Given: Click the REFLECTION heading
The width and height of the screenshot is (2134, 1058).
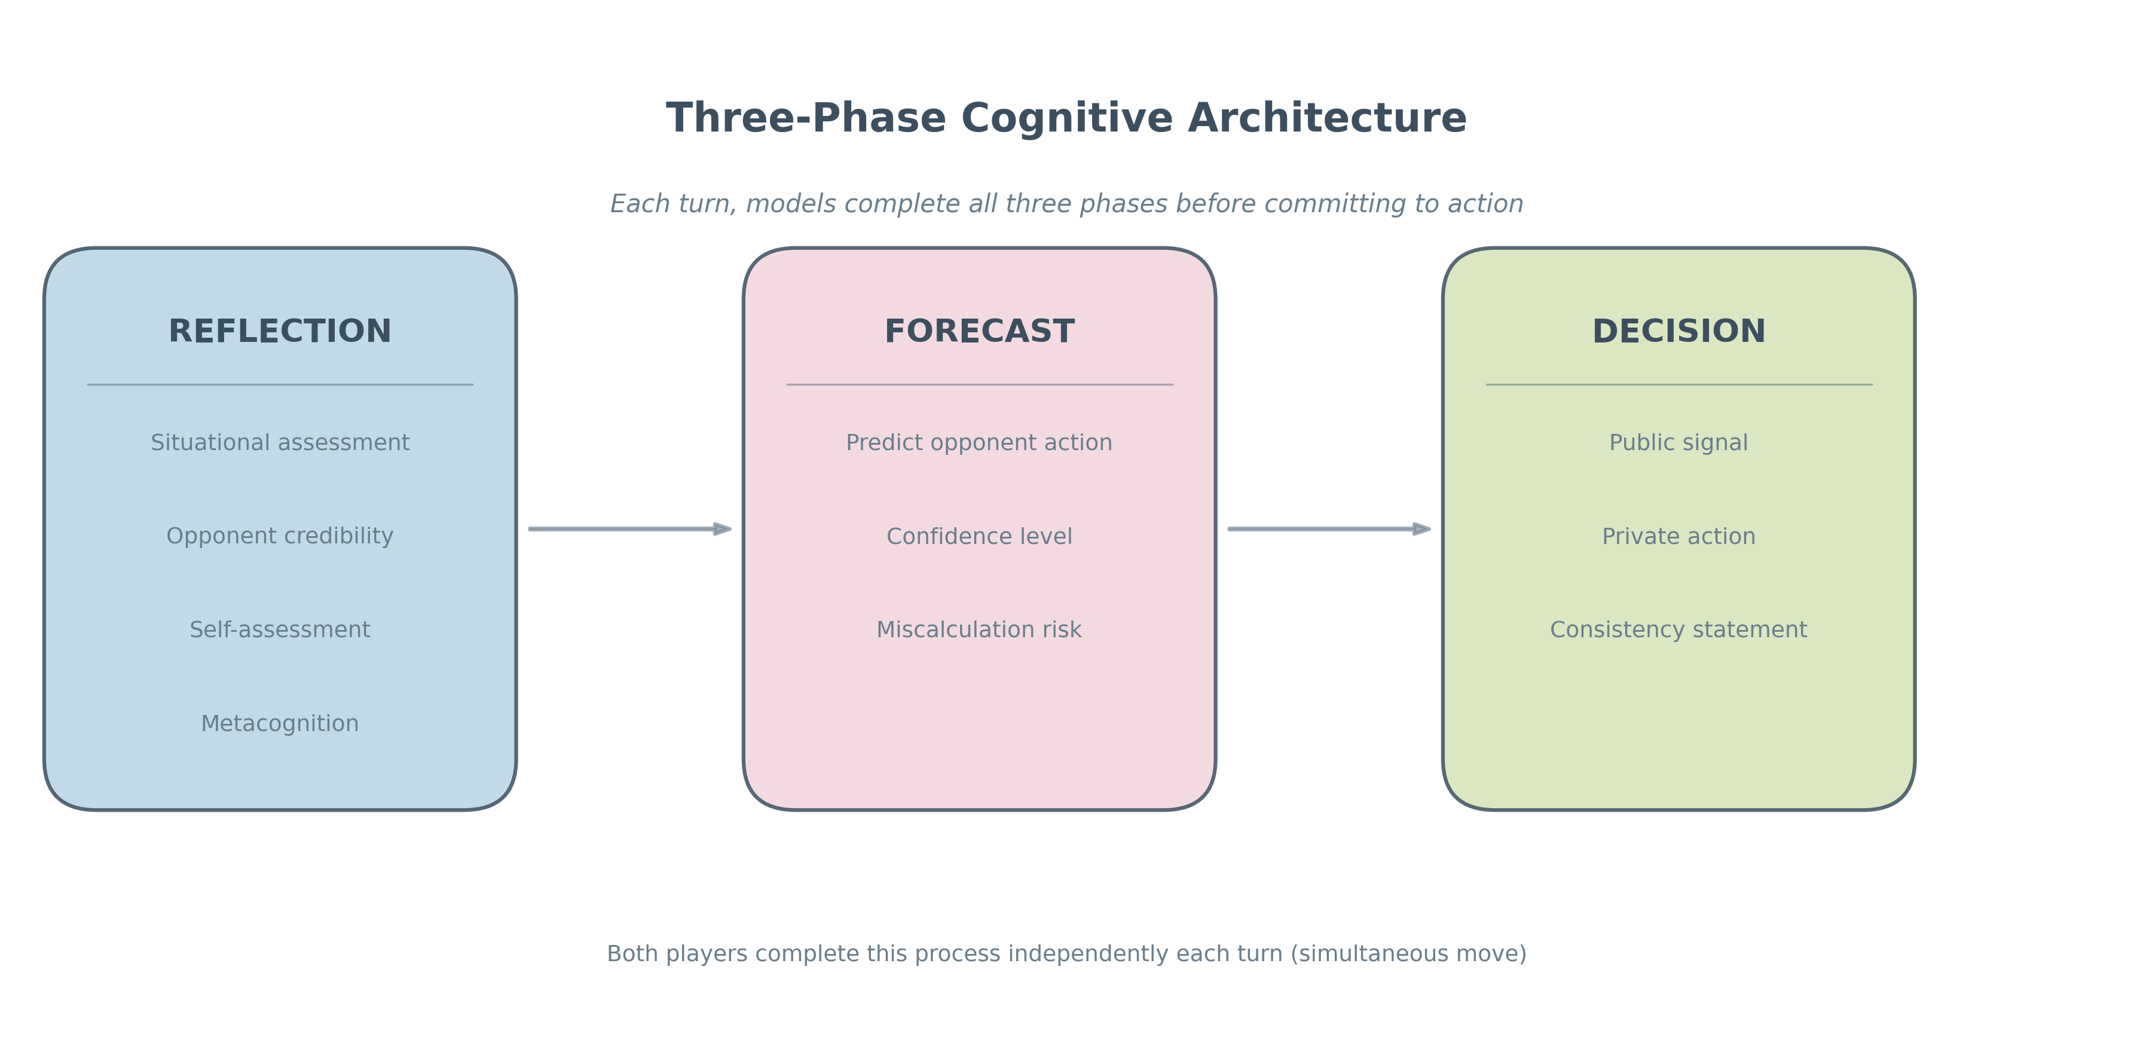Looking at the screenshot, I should click(x=280, y=331).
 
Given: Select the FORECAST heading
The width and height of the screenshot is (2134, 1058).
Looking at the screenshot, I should click(x=979, y=331).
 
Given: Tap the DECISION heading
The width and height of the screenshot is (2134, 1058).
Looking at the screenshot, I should click(x=1679, y=331).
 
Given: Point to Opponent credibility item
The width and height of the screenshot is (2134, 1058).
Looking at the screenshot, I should click(x=280, y=536).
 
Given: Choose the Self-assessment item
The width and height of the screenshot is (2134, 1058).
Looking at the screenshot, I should click(x=280, y=629).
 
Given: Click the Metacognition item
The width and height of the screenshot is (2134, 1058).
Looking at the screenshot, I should click(x=280, y=723).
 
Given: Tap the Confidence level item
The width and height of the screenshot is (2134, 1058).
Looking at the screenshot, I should click(x=979, y=536).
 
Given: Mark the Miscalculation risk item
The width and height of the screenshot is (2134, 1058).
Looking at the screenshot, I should click(x=979, y=629).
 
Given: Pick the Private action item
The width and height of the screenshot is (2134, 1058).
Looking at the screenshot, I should click(x=1679, y=536).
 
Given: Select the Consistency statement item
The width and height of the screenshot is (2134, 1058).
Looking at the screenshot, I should click(x=1679, y=629).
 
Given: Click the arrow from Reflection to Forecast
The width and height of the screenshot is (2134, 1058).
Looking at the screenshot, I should click(x=629, y=528).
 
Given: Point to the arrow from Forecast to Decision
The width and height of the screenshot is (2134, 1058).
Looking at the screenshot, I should click(x=1329, y=528).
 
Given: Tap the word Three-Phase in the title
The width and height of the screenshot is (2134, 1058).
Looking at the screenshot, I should click(x=806, y=118).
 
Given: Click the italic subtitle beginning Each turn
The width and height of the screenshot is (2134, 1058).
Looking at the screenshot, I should click(x=1066, y=204).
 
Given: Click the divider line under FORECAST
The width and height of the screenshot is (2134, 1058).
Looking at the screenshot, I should click(x=979, y=384).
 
